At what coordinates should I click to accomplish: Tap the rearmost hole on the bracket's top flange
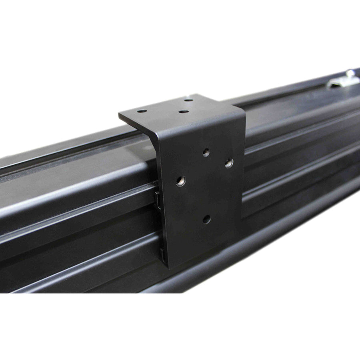pyautogui.click(x=187, y=100)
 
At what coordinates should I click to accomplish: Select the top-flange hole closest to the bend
pyautogui.click(x=183, y=111)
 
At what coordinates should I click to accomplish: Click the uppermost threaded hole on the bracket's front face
pyautogui.click(x=206, y=152)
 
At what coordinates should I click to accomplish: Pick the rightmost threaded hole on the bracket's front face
pyautogui.click(x=229, y=163)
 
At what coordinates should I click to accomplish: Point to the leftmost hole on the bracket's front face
pyautogui.click(x=181, y=181)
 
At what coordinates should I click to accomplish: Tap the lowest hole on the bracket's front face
pyautogui.click(x=206, y=219)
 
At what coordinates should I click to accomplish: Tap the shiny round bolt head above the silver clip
pyautogui.click(x=350, y=73)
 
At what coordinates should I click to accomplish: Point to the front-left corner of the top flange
pyautogui.click(x=120, y=116)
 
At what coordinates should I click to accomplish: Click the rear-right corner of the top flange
pyautogui.click(x=193, y=95)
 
